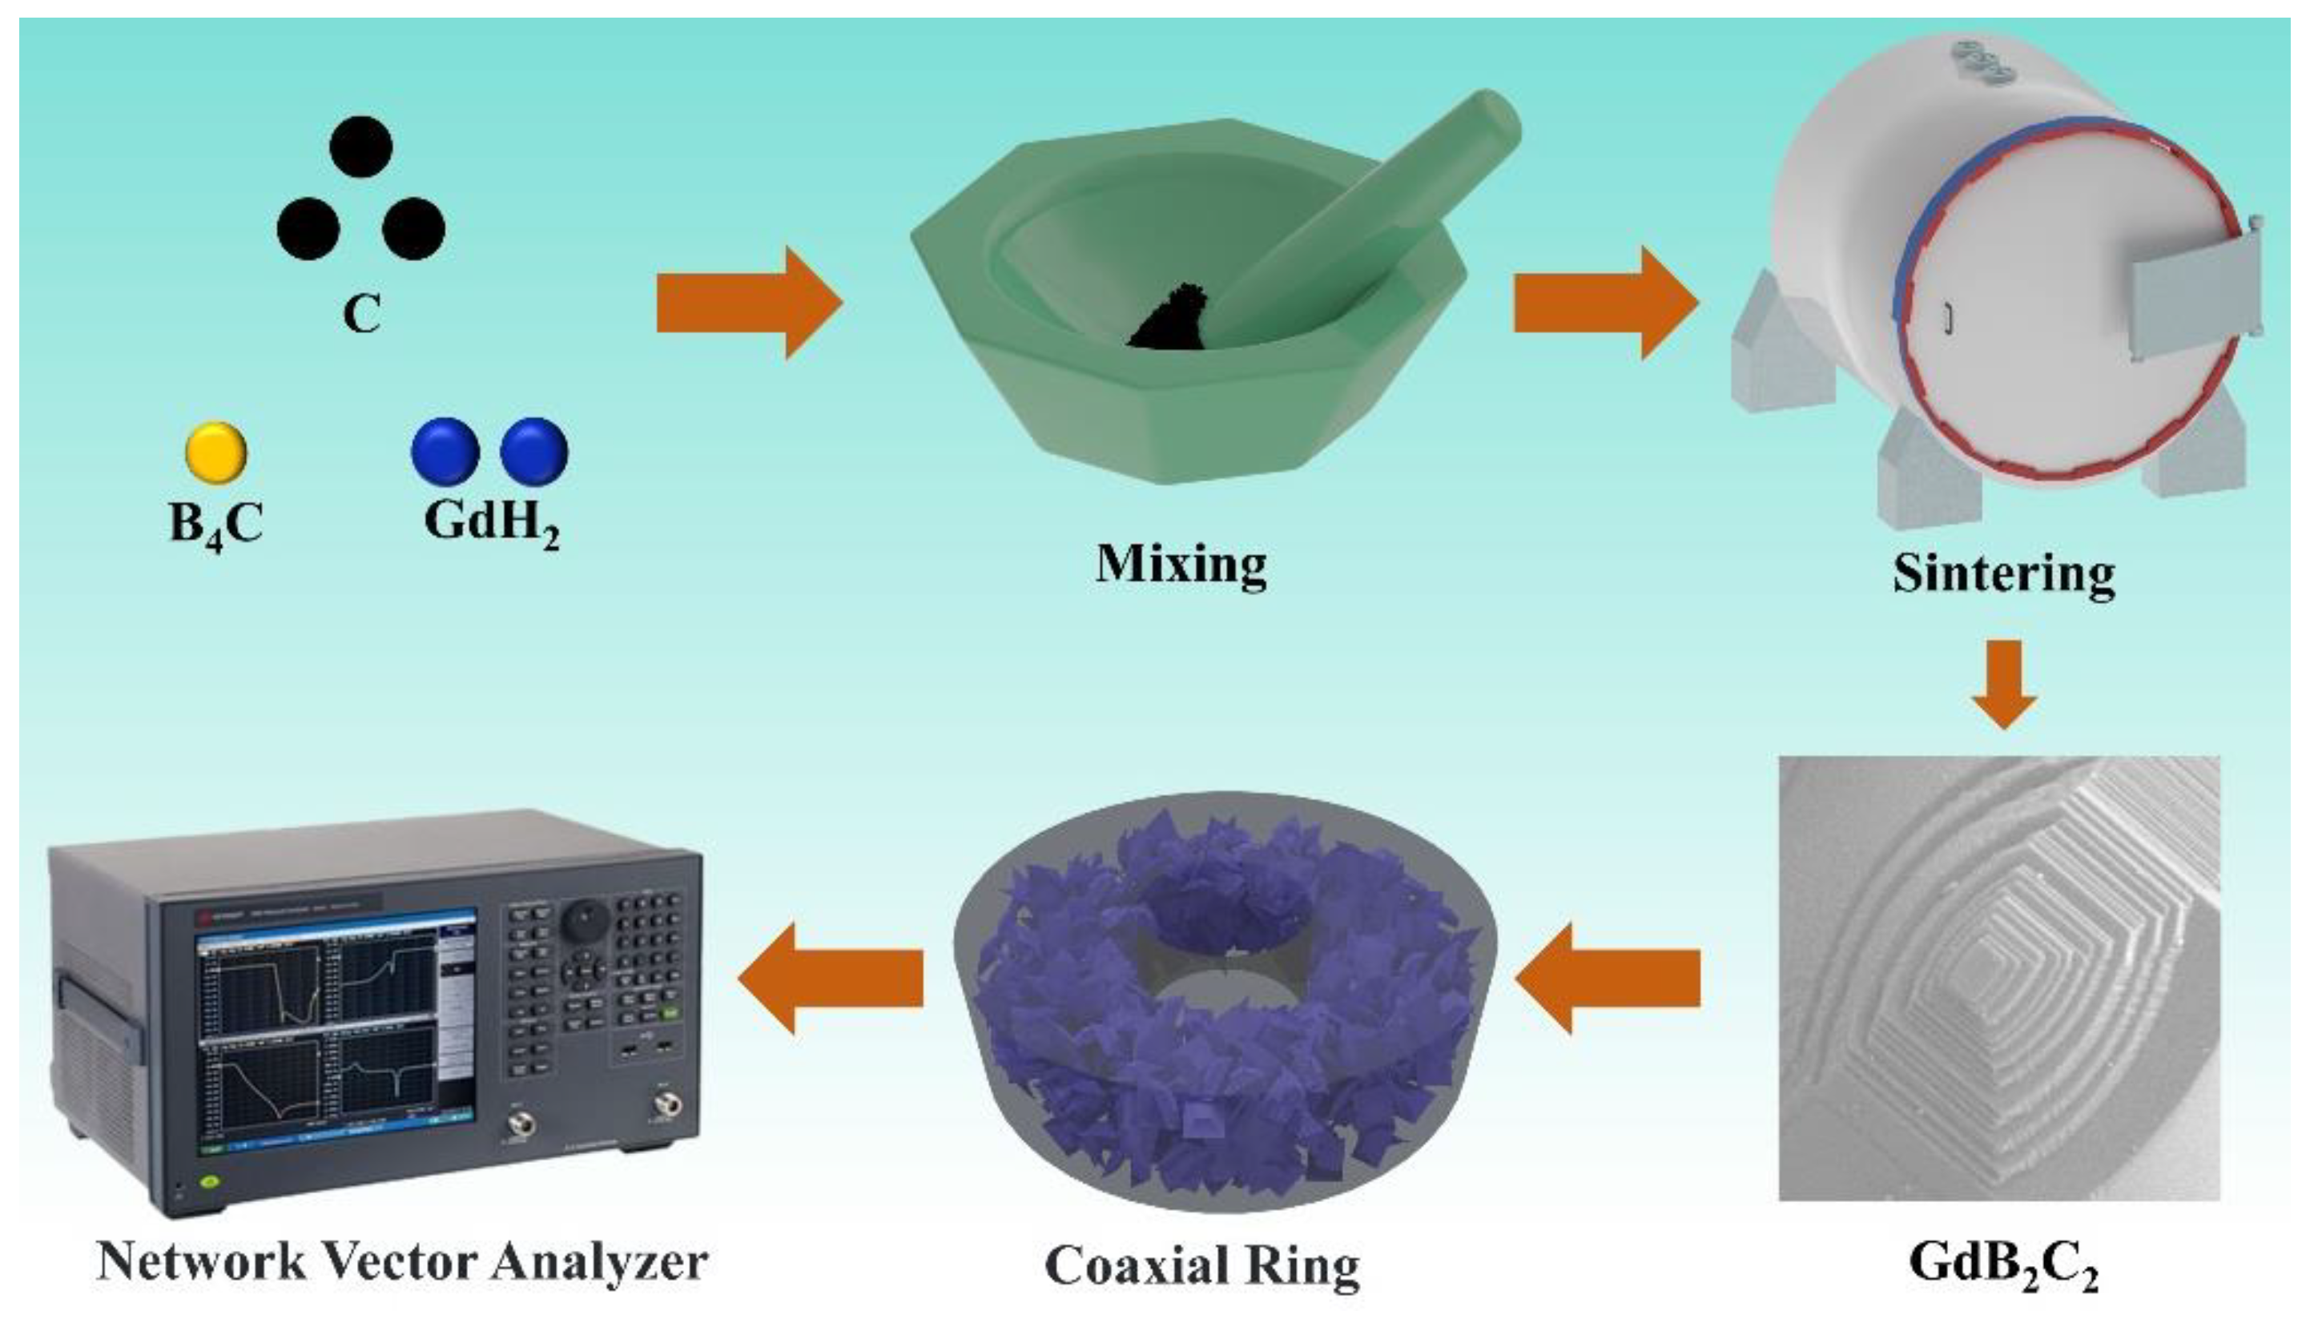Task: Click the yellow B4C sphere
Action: click(215, 451)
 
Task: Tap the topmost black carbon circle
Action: click(361, 147)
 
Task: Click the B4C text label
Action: click(216, 525)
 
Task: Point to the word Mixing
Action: click(1181, 564)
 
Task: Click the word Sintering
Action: click(2004, 574)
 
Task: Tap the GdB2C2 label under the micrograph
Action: click(2004, 1264)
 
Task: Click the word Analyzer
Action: click(601, 1264)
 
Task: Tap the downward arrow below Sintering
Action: click(2004, 683)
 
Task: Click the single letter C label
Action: click(361, 315)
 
